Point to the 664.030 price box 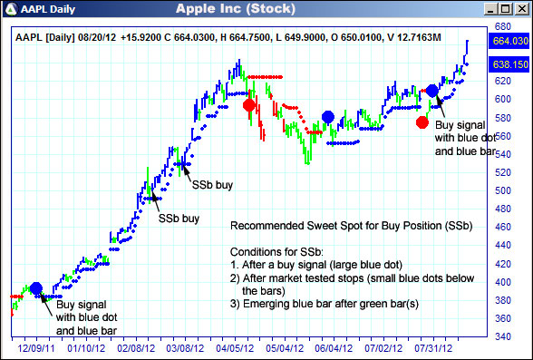pyautogui.click(x=508, y=41)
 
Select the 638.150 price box pyautogui.click(x=508, y=65)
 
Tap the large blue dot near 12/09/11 pyautogui.click(x=35, y=288)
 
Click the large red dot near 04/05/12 pyautogui.click(x=249, y=105)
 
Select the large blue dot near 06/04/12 pyautogui.click(x=328, y=116)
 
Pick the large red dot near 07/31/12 pyautogui.click(x=422, y=122)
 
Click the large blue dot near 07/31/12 pyautogui.click(x=432, y=91)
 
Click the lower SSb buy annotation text pyautogui.click(x=179, y=219)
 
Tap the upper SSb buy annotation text pyautogui.click(x=212, y=184)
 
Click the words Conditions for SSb pyautogui.click(x=276, y=251)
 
